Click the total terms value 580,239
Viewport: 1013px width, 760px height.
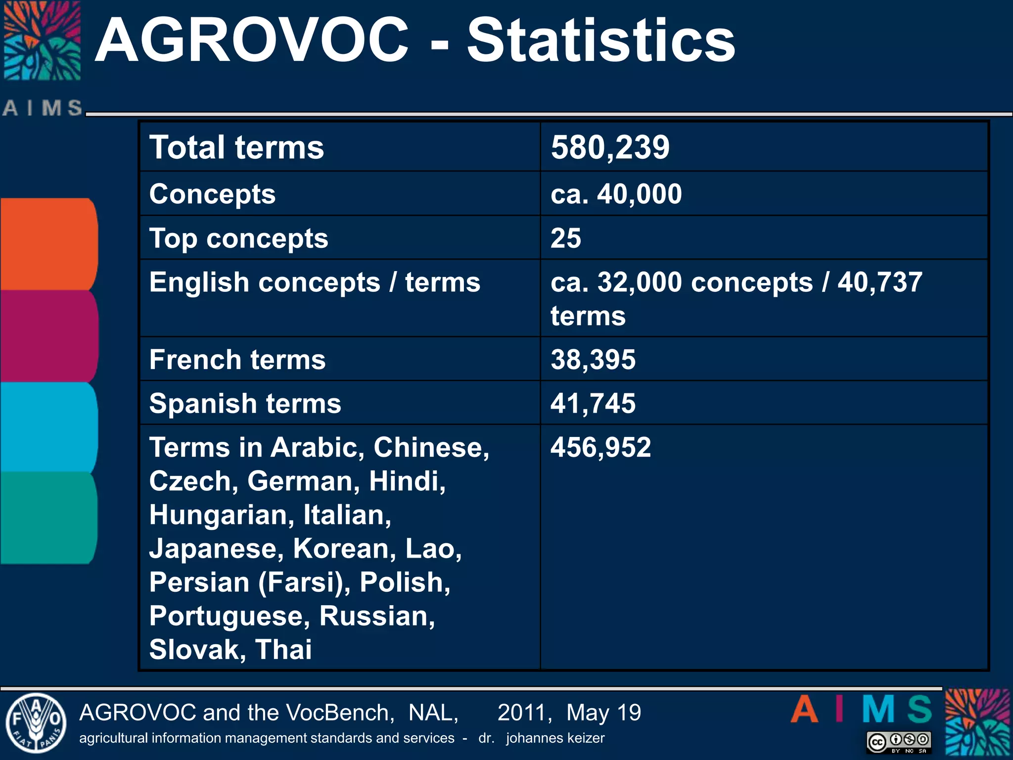(x=610, y=147)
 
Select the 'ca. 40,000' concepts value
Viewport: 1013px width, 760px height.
(x=616, y=194)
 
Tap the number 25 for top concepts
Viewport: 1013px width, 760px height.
(x=566, y=238)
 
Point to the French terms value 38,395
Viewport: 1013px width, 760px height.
(x=593, y=360)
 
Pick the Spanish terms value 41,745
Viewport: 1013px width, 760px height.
(x=593, y=403)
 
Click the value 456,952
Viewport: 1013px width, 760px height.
(x=600, y=447)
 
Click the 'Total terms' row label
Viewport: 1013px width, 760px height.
(x=236, y=147)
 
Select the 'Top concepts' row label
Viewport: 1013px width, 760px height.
(x=238, y=238)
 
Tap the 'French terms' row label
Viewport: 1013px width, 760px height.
(x=237, y=360)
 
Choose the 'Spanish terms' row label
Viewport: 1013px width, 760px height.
(x=245, y=403)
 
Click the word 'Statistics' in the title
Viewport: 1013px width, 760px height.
(x=600, y=41)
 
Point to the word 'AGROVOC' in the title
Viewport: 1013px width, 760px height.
(x=251, y=41)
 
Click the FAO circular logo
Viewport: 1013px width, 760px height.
(x=36, y=723)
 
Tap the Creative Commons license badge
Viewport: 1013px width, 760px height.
(x=899, y=742)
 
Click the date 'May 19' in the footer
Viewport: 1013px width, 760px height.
(x=603, y=713)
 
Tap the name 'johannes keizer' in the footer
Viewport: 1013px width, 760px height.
(x=555, y=738)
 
